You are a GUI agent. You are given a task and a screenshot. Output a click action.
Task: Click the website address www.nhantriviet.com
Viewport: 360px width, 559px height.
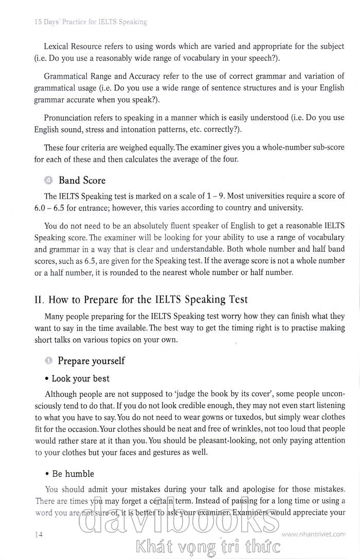point(317,534)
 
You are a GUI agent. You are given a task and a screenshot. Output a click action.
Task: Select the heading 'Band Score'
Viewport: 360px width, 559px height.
point(82,180)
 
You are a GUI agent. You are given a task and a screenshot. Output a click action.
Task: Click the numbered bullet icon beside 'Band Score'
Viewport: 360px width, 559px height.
point(48,180)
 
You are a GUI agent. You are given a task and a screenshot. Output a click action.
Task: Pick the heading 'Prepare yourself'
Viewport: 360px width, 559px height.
point(91,361)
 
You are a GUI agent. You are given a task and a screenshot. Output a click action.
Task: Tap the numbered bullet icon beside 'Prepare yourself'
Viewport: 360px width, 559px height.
point(48,361)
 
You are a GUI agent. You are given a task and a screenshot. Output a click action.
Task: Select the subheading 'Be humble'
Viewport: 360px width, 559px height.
point(73,474)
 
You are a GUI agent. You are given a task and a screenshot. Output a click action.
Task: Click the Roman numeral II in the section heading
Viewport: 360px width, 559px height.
point(39,299)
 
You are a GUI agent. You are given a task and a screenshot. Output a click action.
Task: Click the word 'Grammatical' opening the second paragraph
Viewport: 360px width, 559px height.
point(67,77)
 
